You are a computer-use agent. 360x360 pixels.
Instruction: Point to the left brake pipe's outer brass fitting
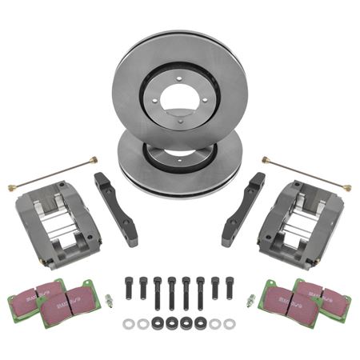click(x=12, y=188)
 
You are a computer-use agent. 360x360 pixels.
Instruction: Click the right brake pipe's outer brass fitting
click(x=350, y=188)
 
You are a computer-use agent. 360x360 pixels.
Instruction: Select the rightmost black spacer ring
click(x=201, y=322)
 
